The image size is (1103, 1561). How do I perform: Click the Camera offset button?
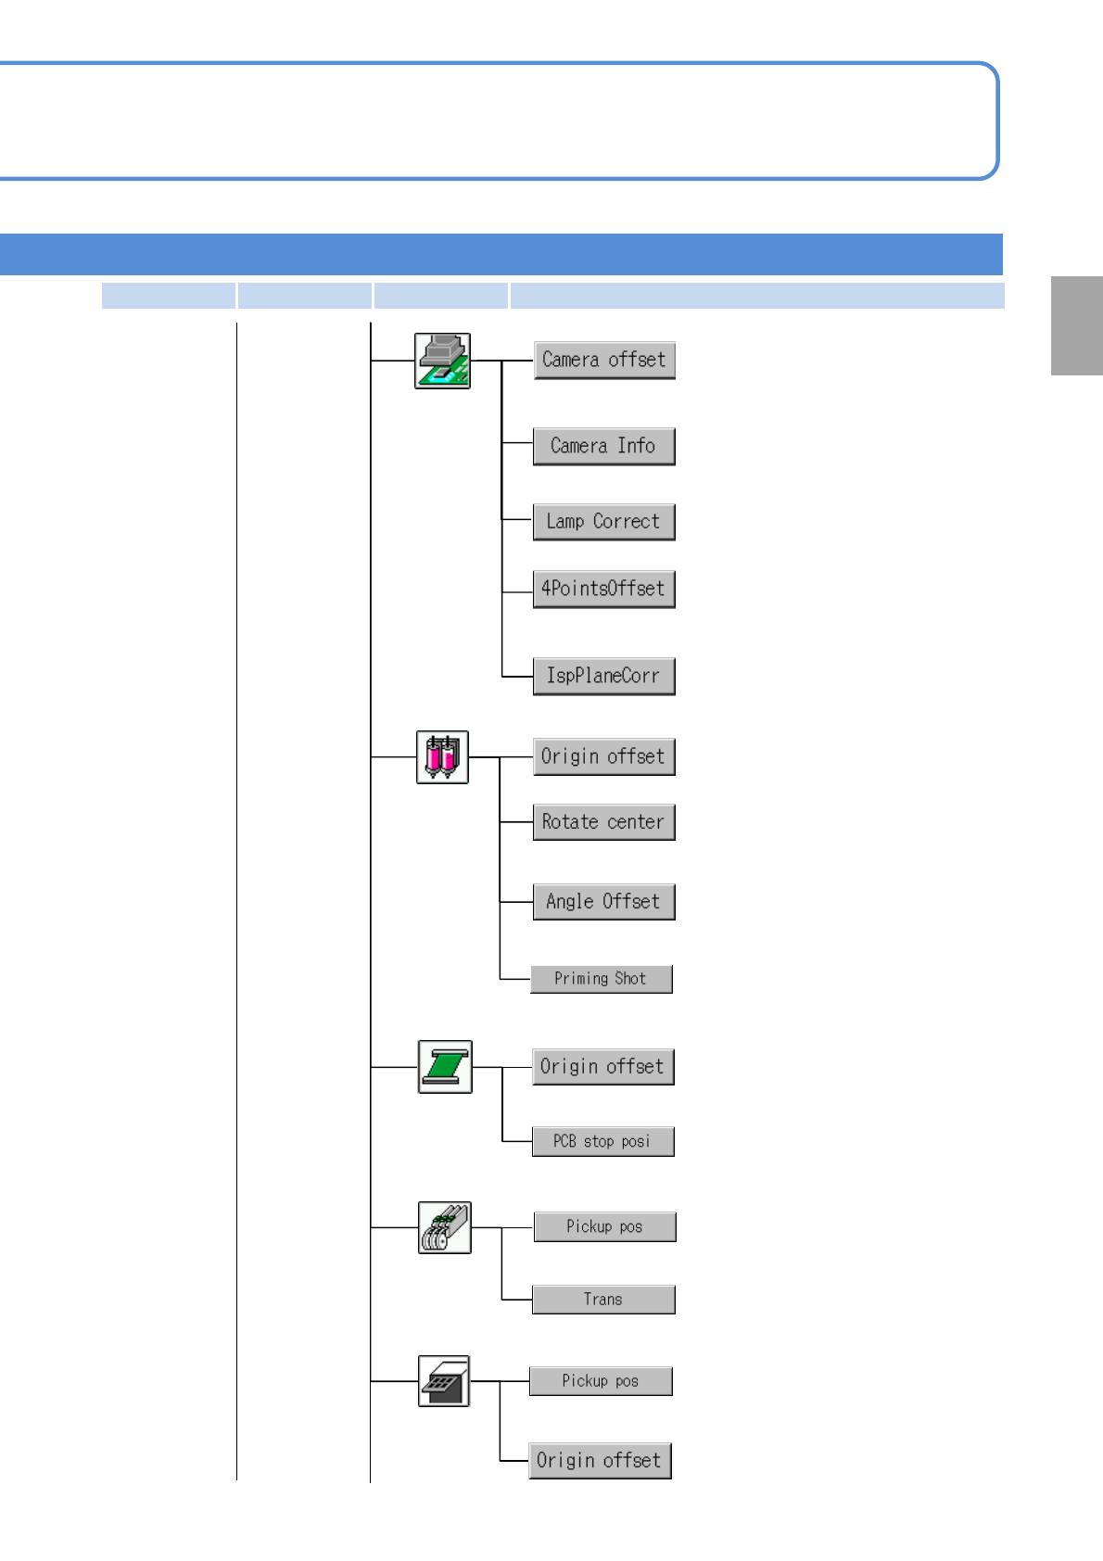[x=604, y=360]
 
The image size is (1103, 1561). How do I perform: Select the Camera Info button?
[x=603, y=446]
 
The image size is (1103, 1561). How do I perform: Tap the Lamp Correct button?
[x=603, y=522]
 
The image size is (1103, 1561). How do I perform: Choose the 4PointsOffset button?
[x=603, y=589]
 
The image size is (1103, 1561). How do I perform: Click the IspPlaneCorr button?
[x=603, y=676]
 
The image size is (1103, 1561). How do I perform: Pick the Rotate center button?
[x=603, y=822]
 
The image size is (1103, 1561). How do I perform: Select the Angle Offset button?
[x=603, y=902]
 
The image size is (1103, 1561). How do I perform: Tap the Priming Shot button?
[x=601, y=979]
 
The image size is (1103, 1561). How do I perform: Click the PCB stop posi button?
[x=602, y=1141]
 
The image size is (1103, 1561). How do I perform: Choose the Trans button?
[x=603, y=1300]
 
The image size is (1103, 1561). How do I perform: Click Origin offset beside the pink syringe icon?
[x=603, y=756]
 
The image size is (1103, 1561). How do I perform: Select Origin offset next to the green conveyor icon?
[x=602, y=1067]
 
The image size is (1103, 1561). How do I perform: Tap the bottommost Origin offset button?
[x=600, y=1461]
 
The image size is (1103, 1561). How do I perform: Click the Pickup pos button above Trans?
[x=604, y=1226]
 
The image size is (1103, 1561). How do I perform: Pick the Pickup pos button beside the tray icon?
[x=601, y=1381]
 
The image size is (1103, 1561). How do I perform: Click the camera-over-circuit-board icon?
[x=442, y=361]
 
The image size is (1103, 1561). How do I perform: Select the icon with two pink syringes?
[x=442, y=757]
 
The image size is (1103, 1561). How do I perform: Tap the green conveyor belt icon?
[x=445, y=1067]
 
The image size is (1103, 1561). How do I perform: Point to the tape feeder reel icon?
[x=445, y=1227]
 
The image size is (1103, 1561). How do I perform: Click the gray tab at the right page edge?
[x=1076, y=325]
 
